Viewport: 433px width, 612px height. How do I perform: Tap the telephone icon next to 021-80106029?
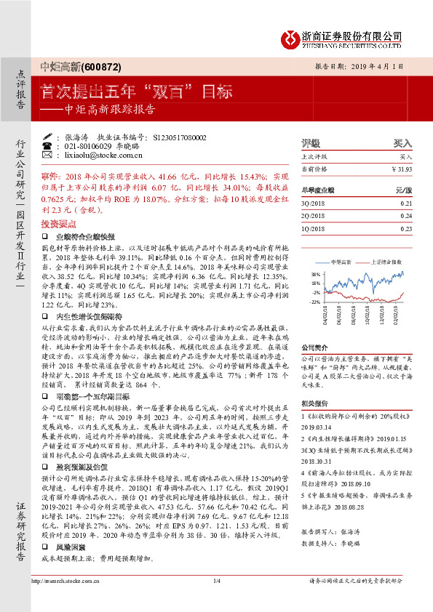[x=47, y=146]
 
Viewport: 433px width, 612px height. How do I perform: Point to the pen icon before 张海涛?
[x=47, y=137]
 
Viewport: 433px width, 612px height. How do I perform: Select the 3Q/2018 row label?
[x=311, y=204]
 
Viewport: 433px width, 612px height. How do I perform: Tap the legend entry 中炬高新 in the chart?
[x=342, y=259]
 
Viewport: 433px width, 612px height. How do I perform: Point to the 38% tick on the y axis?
[x=314, y=273]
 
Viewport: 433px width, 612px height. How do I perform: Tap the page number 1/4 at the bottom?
[x=216, y=600]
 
